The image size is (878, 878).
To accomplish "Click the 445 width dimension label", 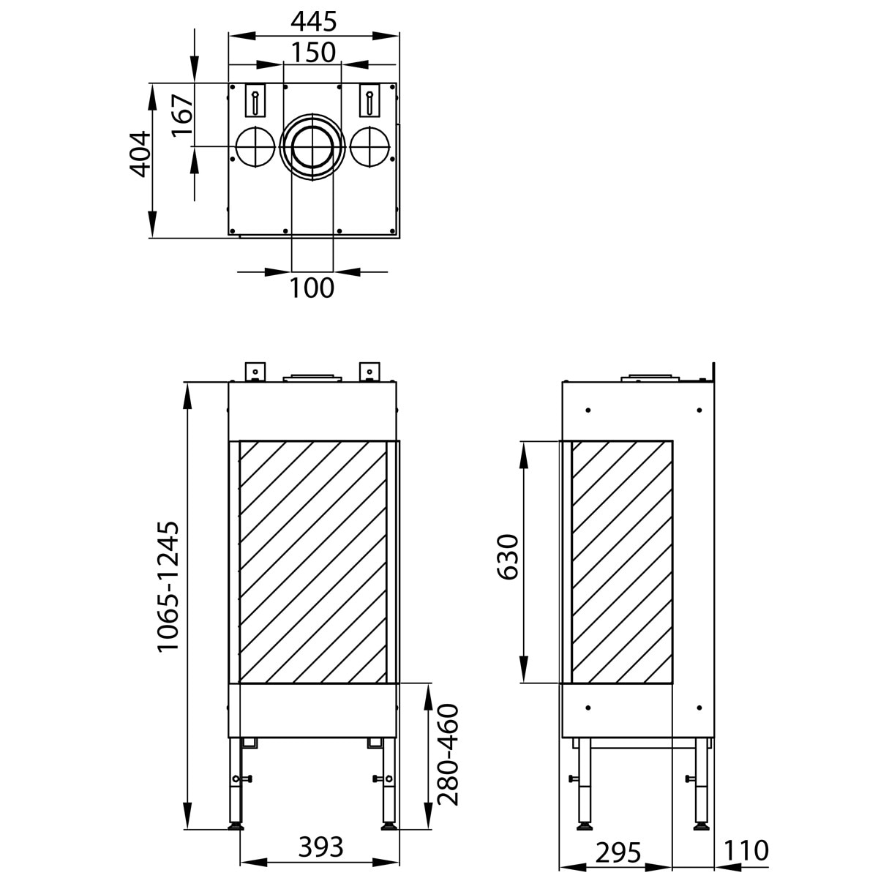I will [314, 22].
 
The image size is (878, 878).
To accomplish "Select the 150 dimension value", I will [313, 53].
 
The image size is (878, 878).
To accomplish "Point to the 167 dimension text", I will [182, 115].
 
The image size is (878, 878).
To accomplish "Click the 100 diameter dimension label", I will [312, 288].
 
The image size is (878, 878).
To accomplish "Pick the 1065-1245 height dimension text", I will [168, 585].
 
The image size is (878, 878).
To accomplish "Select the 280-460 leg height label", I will [448, 754].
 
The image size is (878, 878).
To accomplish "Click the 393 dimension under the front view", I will [320, 847].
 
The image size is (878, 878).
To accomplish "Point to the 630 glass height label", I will [507, 557].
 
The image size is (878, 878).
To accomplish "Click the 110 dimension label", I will [746, 851].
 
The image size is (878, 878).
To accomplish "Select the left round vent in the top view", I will [254, 146].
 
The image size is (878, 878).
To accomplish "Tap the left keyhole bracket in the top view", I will [255, 101].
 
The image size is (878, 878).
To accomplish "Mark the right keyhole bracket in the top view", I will [370, 101].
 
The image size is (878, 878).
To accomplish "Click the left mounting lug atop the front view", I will [255, 371].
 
